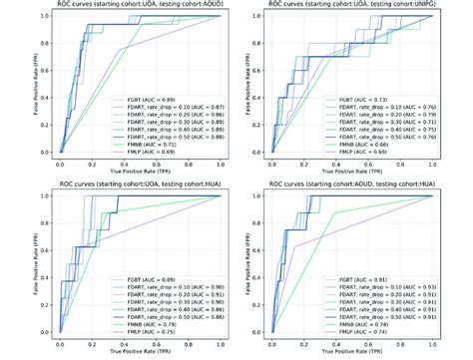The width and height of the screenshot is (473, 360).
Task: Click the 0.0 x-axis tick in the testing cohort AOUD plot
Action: [60, 163]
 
